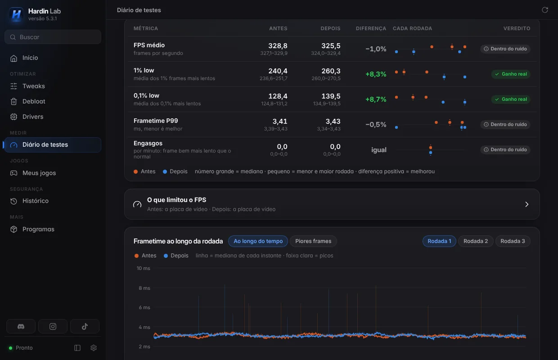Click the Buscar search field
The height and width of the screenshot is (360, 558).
coord(53,37)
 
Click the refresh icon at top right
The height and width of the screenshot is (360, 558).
coord(545,10)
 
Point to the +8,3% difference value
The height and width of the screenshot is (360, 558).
coord(376,74)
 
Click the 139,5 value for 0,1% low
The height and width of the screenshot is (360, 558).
coord(331,96)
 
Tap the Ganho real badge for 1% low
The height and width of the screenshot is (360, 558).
coord(511,74)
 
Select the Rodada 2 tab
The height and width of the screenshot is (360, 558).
coord(476,241)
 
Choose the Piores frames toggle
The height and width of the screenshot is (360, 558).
coord(313,241)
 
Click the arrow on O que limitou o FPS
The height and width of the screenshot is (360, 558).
coord(526,204)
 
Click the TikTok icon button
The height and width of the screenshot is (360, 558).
coord(85,326)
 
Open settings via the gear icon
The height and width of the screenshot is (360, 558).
coord(94,348)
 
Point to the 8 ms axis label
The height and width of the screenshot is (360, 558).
coord(144,288)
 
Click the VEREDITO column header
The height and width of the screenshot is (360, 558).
coord(517,28)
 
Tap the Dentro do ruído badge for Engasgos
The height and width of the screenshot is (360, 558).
coord(505,150)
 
